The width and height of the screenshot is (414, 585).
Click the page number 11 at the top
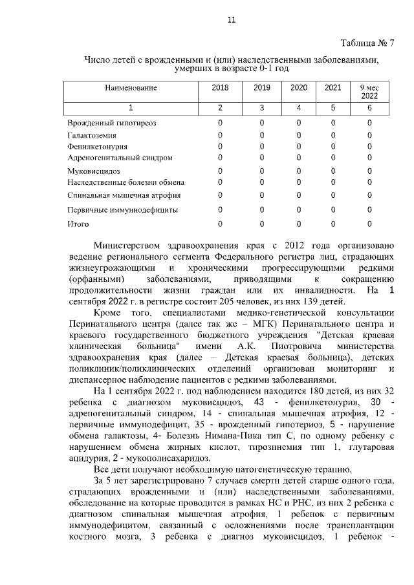click(x=232, y=20)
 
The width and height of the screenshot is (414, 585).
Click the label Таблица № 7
click(x=367, y=43)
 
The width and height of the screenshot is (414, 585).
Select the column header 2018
click(x=220, y=87)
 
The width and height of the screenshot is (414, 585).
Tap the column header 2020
click(x=298, y=87)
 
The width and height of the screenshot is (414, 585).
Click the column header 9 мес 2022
click(x=369, y=91)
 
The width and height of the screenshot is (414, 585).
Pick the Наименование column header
click(x=131, y=87)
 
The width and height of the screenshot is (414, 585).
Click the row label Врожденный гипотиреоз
click(x=112, y=122)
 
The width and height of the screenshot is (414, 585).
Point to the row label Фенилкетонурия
click(x=97, y=146)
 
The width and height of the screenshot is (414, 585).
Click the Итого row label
click(x=78, y=224)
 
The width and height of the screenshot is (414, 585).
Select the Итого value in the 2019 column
click(x=262, y=224)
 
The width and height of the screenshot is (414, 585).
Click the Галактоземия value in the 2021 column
click(x=333, y=134)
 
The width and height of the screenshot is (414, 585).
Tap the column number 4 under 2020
click(x=298, y=107)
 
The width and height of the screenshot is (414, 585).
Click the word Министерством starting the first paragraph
click(x=131, y=246)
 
